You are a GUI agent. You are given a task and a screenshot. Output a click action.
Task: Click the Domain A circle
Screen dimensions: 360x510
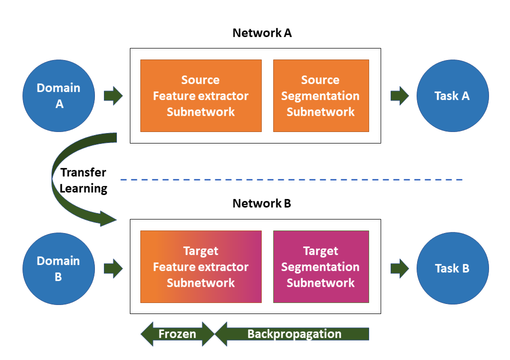click(x=58, y=95)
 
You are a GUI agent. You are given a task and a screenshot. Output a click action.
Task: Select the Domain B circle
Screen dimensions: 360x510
click(x=58, y=268)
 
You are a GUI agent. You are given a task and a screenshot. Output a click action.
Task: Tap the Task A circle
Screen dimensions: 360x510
click(x=453, y=95)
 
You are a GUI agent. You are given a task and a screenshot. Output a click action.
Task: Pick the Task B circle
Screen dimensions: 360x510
click(x=453, y=268)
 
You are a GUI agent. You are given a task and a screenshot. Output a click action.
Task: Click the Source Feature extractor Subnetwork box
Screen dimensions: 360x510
click(x=201, y=95)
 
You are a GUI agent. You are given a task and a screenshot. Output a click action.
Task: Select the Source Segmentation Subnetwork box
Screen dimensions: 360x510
click(x=321, y=95)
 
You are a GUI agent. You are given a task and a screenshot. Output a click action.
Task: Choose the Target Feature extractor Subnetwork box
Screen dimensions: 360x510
click(x=201, y=266)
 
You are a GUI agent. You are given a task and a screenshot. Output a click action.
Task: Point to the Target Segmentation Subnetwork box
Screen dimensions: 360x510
click(x=321, y=266)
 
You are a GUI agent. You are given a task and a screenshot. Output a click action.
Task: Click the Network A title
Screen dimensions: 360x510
click(x=262, y=33)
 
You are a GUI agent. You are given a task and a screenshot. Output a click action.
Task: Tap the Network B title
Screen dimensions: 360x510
click(x=262, y=203)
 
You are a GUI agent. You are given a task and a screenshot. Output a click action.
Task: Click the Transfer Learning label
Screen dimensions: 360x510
click(x=83, y=180)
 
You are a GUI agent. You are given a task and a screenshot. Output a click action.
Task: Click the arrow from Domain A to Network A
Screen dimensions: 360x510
click(x=113, y=95)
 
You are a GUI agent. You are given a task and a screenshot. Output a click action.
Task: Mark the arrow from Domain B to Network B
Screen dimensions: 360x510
click(x=113, y=268)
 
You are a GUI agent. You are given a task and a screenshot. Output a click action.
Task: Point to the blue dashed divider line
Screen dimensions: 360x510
click(x=290, y=179)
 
